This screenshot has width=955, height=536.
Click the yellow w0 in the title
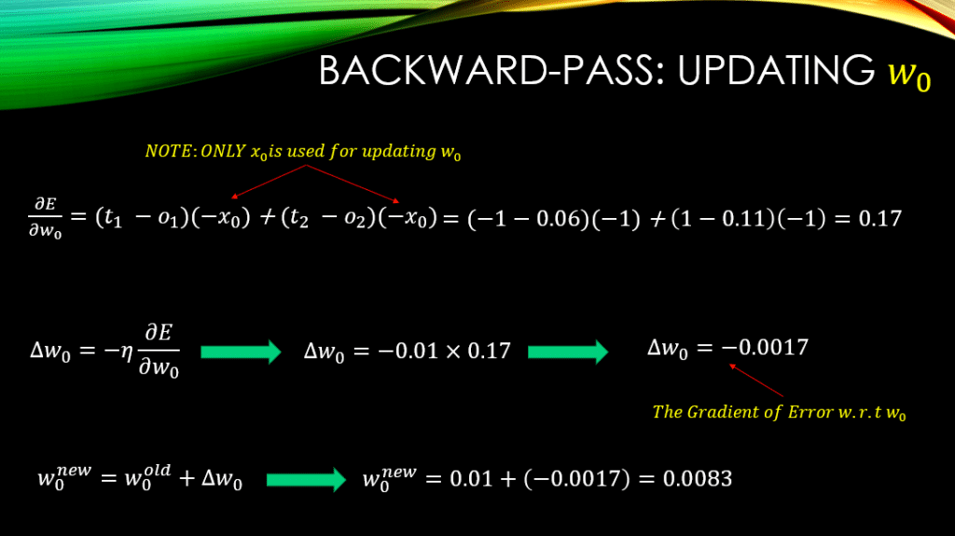click(909, 74)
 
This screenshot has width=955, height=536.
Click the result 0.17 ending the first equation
click(879, 218)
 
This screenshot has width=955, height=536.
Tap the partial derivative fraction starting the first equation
click(45, 218)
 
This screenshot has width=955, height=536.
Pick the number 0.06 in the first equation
click(558, 219)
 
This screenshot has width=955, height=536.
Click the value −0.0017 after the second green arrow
click(765, 347)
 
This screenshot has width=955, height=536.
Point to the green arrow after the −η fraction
click(242, 351)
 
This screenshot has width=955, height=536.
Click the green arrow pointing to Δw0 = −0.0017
click(568, 351)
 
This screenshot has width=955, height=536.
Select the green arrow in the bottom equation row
click(306, 479)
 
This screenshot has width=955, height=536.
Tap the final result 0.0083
click(698, 479)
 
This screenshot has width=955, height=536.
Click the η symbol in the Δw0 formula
click(127, 351)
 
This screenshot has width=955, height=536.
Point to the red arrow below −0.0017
click(755, 380)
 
